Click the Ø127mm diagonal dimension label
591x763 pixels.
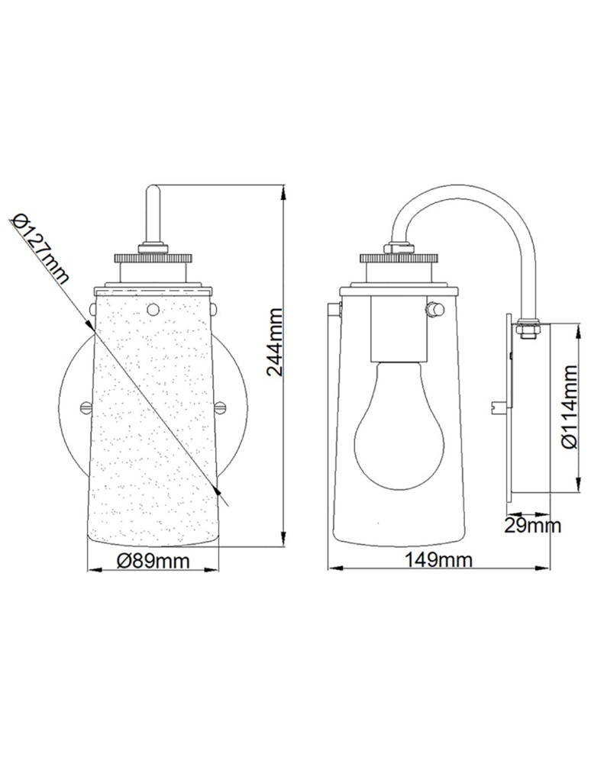[x=41, y=249]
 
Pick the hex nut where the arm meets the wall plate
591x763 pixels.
[x=527, y=327]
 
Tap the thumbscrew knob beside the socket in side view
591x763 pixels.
[x=436, y=310]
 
